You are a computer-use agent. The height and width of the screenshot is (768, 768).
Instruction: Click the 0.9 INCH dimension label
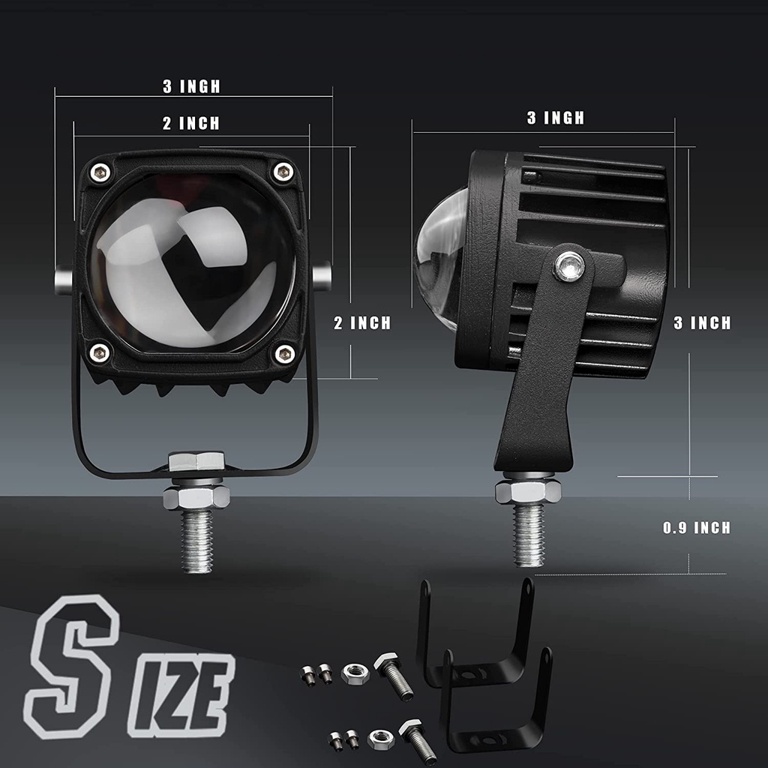[697, 528]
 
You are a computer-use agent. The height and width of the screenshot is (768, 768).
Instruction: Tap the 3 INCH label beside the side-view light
[702, 322]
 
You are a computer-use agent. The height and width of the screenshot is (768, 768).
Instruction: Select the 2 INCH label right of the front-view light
[362, 322]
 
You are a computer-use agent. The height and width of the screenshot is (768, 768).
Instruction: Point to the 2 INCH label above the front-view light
[191, 123]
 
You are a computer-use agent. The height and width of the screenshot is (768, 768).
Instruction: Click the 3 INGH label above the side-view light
[556, 118]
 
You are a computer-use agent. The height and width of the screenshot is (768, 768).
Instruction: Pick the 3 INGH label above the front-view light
[191, 86]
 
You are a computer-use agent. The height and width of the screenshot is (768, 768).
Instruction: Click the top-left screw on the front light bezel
[100, 172]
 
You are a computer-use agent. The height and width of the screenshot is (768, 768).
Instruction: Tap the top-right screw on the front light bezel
[283, 172]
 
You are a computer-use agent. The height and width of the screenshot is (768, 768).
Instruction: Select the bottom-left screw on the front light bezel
[100, 352]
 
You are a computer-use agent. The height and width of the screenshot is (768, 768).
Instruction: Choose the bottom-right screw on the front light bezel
[284, 354]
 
